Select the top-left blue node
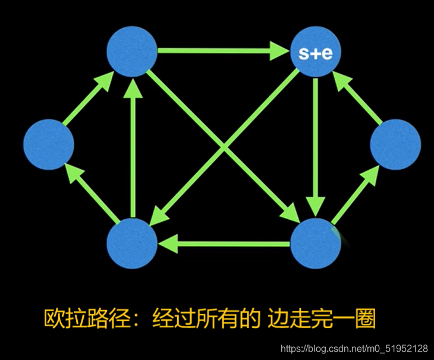coord(131,52)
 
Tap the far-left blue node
coord(49,144)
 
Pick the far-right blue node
coord(395,144)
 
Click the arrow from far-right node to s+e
coord(359,98)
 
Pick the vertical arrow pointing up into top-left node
coord(133,149)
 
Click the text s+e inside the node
coord(315,54)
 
